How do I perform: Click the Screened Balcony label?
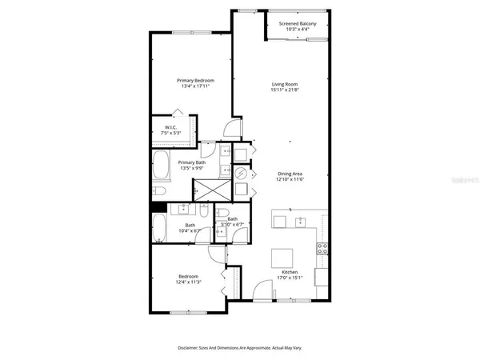tap(297, 24)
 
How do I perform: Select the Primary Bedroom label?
tap(194, 80)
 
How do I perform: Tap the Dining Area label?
tap(290, 174)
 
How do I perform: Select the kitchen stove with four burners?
tap(323, 248)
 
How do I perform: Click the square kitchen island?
tap(282, 258)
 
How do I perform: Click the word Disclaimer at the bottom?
tap(193, 348)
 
